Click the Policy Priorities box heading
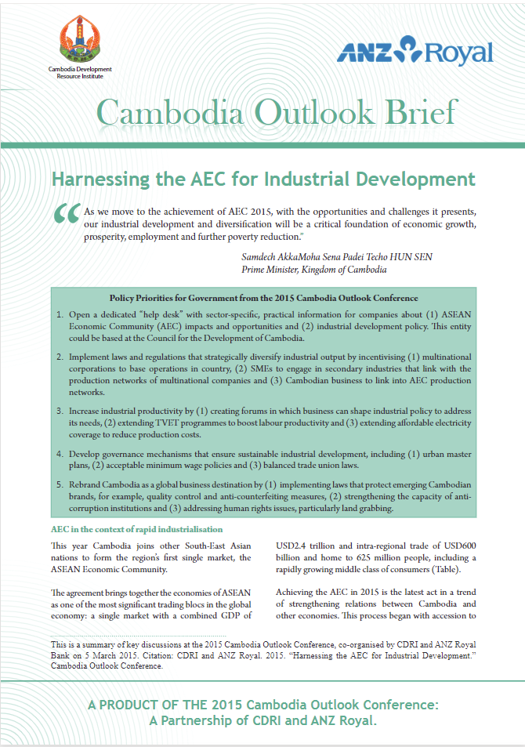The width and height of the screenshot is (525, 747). pyautogui.click(x=263, y=299)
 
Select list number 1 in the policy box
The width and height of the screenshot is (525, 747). pyautogui.click(x=60, y=315)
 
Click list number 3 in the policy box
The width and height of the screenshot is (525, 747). pyautogui.click(x=60, y=410)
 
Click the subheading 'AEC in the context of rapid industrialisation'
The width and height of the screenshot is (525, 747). pyautogui.click(x=136, y=530)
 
